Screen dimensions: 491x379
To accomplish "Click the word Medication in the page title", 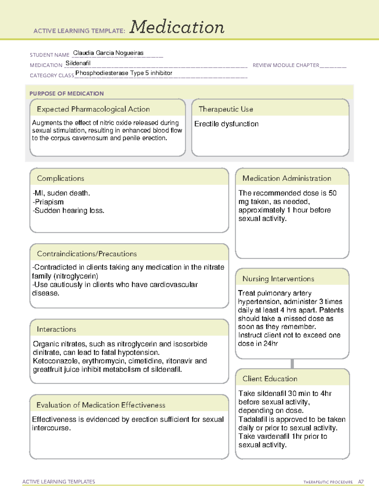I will point(177,27).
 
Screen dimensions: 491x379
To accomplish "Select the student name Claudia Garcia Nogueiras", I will point(108,53).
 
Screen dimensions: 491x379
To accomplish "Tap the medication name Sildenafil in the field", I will point(78,63).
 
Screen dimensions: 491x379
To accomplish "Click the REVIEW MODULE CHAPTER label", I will point(286,65).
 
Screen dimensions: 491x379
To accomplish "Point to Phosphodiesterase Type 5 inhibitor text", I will point(124,73).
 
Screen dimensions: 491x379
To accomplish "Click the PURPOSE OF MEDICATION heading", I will point(67,94).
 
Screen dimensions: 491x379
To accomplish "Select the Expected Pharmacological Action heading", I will point(93,109).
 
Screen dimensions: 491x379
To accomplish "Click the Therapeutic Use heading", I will point(226,109).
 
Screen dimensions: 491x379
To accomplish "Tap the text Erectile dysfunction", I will point(226,124).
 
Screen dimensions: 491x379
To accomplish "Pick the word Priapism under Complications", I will point(49,202).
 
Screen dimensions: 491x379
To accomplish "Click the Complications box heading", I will point(60,178).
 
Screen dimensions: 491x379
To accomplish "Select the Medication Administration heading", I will point(286,178).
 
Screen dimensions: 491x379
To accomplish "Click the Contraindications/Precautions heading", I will point(87,254).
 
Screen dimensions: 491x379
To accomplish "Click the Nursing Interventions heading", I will point(278,279).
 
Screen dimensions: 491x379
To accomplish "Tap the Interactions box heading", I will point(56,329).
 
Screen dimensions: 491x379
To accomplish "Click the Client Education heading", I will point(270,379).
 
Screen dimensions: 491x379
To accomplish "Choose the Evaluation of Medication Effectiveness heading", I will point(101,405).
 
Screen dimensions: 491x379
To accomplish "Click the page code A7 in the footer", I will point(361,482).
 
